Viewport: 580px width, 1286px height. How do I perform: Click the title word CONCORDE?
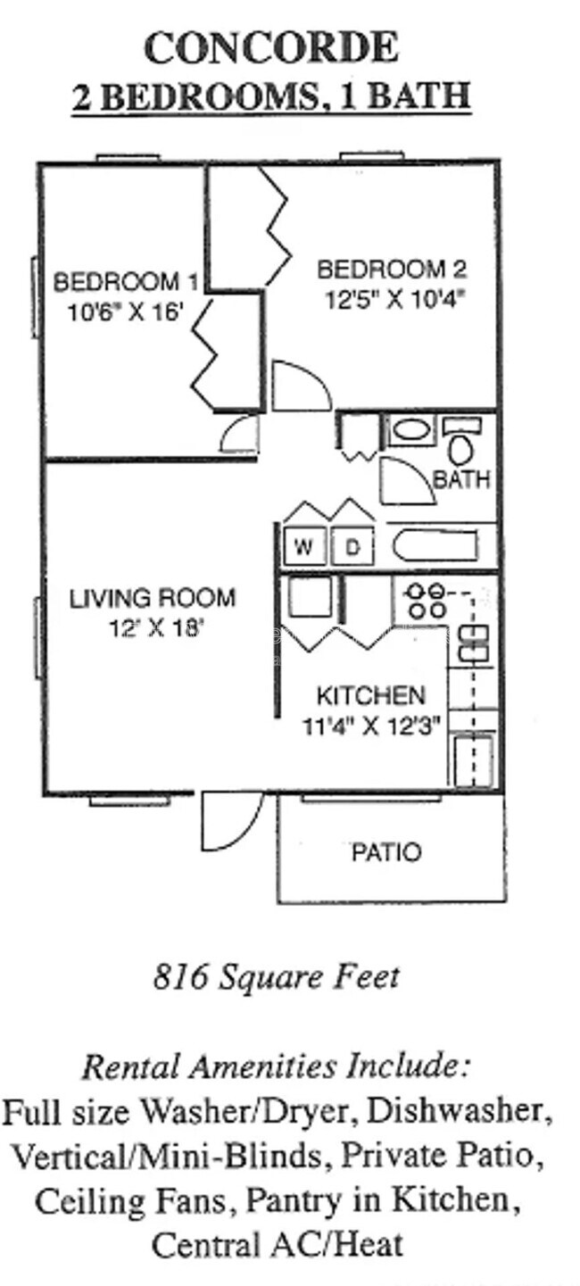pos(270,48)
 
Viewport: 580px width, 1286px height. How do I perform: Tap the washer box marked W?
pos(304,547)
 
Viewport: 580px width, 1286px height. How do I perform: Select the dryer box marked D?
pos(352,547)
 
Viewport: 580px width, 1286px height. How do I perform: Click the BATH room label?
pos(461,479)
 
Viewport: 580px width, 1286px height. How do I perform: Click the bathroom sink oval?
pos(410,431)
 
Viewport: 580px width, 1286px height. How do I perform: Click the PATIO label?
pos(385,852)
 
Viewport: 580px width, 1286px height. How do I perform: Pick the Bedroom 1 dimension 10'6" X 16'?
pos(124,312)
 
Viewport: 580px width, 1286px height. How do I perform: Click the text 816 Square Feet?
pos(276,977)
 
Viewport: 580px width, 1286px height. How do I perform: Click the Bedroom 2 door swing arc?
pos(300,386)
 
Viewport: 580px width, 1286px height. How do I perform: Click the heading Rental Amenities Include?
pos(276,1066)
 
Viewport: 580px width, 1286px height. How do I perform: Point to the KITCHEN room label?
pos(371,695)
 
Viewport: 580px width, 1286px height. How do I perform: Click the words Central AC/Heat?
pos(278,1243)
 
